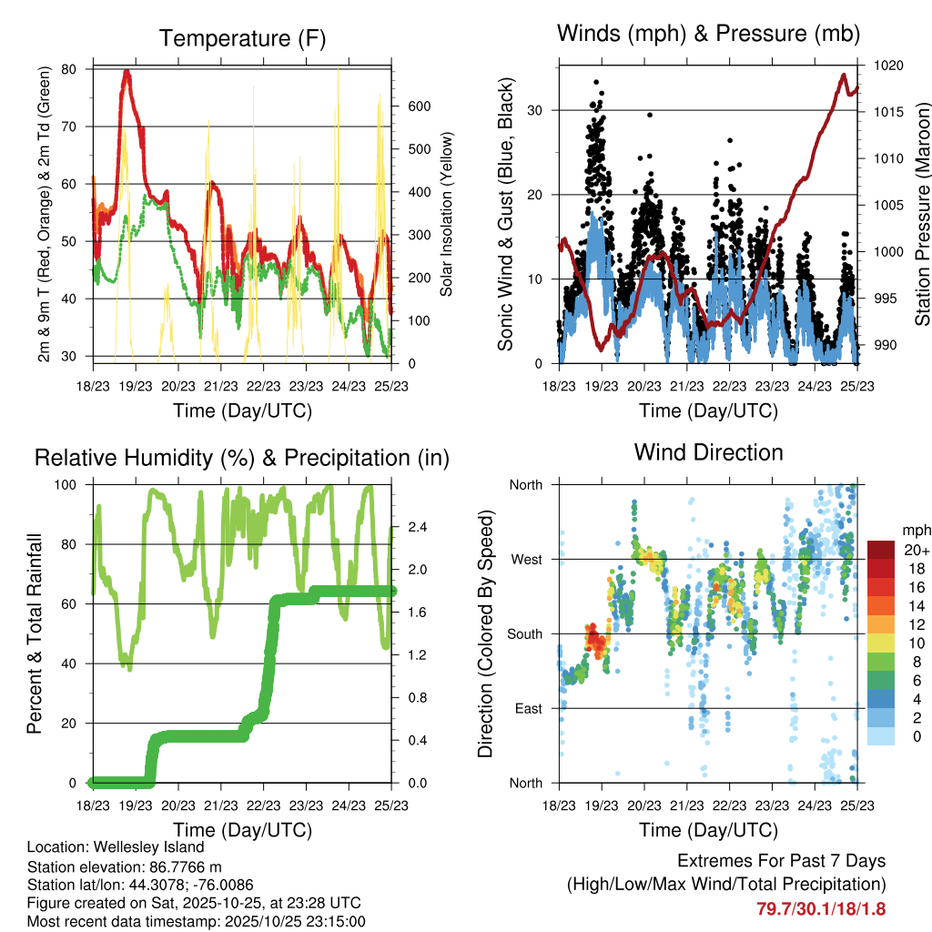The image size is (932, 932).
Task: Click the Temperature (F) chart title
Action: pos(242,38)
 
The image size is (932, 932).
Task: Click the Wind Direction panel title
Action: pos(708,452)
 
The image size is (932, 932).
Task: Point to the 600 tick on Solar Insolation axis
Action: pos(419,106)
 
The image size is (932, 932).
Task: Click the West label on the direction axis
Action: pos(526,559)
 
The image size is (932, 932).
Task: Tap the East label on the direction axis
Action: pos(527,708)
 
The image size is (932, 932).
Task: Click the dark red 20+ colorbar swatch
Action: pos(880,550)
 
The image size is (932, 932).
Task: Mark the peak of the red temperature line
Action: pos(127,71)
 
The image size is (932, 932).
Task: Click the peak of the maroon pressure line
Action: pos(844,76)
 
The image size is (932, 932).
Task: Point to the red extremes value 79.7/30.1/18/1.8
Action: pos(820,908)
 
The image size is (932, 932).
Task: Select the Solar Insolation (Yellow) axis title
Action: pos(446,214)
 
